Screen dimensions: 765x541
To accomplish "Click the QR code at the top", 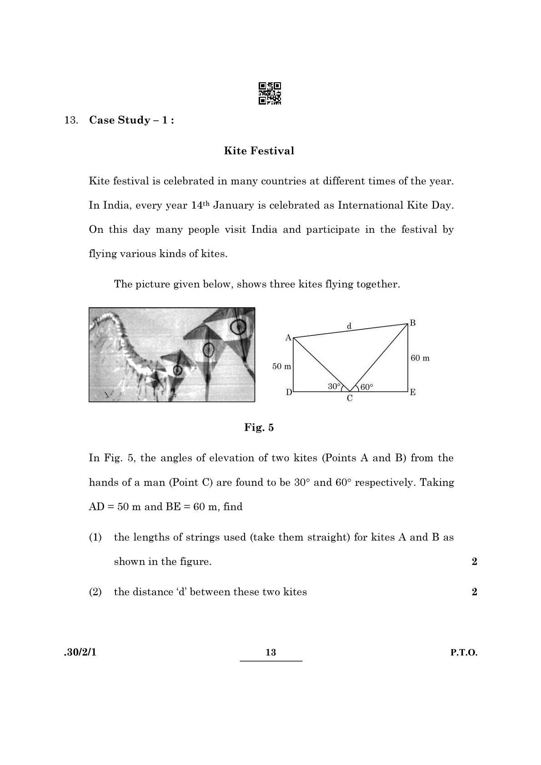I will point(270,93).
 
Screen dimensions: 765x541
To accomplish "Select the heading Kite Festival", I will point(259,151).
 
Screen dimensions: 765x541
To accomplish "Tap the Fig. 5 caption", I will point(259,427).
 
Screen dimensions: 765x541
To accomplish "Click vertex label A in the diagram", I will point(288,338).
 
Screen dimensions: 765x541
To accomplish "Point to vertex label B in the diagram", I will point(412,323).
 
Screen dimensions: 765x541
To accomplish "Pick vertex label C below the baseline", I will point(350,399).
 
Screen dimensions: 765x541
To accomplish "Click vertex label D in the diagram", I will point(289,392).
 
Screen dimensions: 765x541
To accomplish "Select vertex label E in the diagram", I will point(412,392).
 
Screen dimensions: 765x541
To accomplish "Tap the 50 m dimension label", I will point(281,366).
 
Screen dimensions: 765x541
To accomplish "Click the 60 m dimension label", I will point(420,358).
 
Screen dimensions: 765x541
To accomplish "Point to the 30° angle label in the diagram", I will point(334,386).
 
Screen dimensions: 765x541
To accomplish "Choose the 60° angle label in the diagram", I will point(366,387).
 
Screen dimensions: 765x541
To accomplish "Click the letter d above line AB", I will point(349,326).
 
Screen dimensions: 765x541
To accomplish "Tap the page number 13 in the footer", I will point(270,653).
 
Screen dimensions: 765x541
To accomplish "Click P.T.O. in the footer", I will point(464,653).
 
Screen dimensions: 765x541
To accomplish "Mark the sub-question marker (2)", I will point(95,592).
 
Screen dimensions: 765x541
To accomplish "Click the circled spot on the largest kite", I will point(238,326).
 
